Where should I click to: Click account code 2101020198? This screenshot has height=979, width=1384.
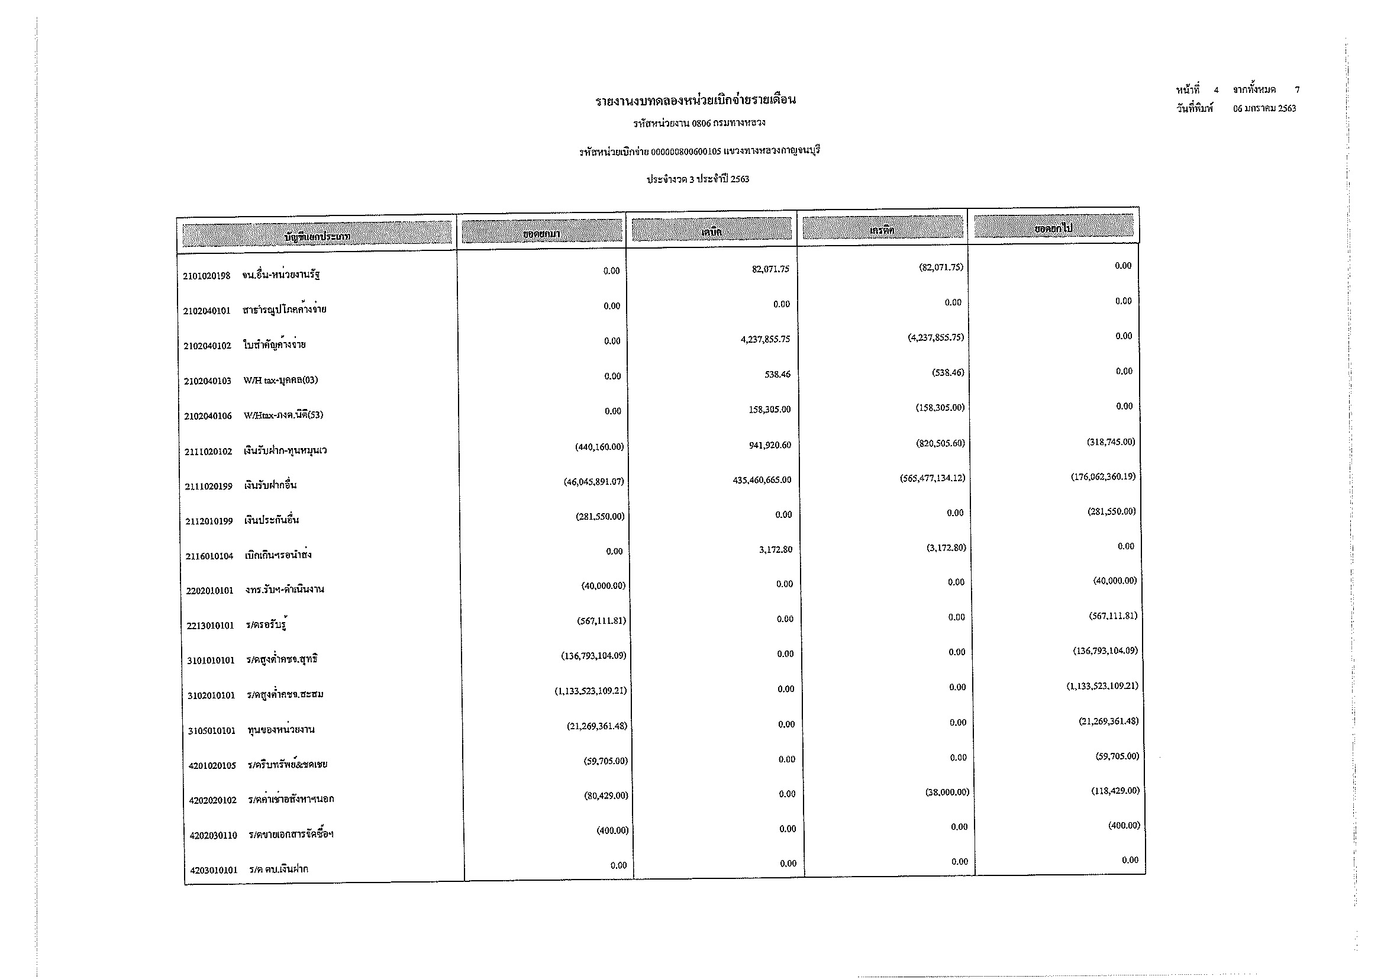tap(206, 276)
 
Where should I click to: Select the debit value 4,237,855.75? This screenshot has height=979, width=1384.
tap(765, 339)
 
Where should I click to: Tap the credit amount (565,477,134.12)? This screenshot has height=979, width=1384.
tap(932, 478)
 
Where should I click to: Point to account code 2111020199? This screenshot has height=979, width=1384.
tap(208, 487)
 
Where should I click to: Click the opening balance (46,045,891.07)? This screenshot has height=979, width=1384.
tap(593, 482)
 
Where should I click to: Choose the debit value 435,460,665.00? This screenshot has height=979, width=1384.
tap(762, 481)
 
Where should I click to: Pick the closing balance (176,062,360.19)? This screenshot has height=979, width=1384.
tap(1102, 477)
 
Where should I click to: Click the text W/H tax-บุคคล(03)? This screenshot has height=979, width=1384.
tap(280, 381)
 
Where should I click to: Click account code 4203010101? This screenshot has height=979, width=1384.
tap(214, 871)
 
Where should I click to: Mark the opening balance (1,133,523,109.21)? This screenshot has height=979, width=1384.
tap(590, 691)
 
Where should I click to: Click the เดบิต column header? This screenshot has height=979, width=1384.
tap(711, 231)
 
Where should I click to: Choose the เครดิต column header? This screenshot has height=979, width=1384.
tap(882, 230)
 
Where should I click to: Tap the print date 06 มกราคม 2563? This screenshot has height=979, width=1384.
tap(1264, 109)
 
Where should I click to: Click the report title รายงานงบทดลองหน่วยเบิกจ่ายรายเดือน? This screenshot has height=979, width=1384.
tap(696, 100)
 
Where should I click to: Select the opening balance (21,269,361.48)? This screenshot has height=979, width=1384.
tap(596, 726)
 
